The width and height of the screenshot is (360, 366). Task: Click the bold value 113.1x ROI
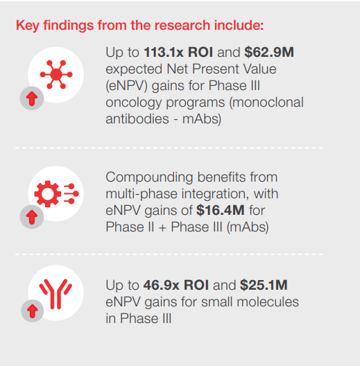click(178, 52)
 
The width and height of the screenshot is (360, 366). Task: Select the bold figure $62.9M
click(269, 52)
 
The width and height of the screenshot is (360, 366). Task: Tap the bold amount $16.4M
click(221, 210)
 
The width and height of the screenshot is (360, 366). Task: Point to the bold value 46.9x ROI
click(176, 285)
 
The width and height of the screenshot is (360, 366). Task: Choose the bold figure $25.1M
click(264, 285)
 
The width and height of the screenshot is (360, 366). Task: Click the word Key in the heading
click(28, 26)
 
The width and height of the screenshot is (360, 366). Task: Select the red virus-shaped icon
click(56, 74)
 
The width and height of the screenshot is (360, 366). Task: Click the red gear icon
click(48, 193)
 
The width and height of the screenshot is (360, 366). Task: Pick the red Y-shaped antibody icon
click(55, 294)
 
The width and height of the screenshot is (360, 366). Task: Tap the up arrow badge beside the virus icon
click(32, 98)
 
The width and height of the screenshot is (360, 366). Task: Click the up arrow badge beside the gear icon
click(32, 217)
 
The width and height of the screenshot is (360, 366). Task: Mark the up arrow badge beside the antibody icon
click(33, 311)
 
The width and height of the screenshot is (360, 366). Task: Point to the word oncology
click(134, 103)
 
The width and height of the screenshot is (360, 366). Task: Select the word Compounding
click(150, 177)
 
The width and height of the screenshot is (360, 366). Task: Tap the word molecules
click(268, 302)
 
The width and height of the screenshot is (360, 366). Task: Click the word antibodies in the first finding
click(137, 119)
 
